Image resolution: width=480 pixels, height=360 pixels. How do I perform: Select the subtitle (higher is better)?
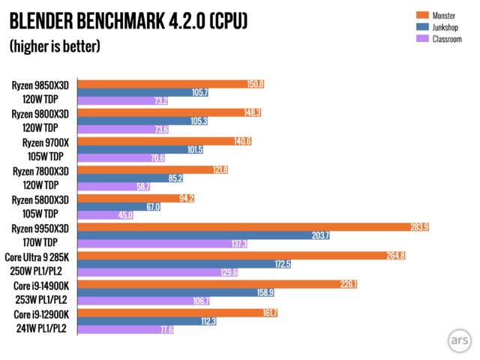pyautogui.click(x=55, y=46)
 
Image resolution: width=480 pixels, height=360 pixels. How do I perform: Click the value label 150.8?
pyautogui.click(x=256, y=84)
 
